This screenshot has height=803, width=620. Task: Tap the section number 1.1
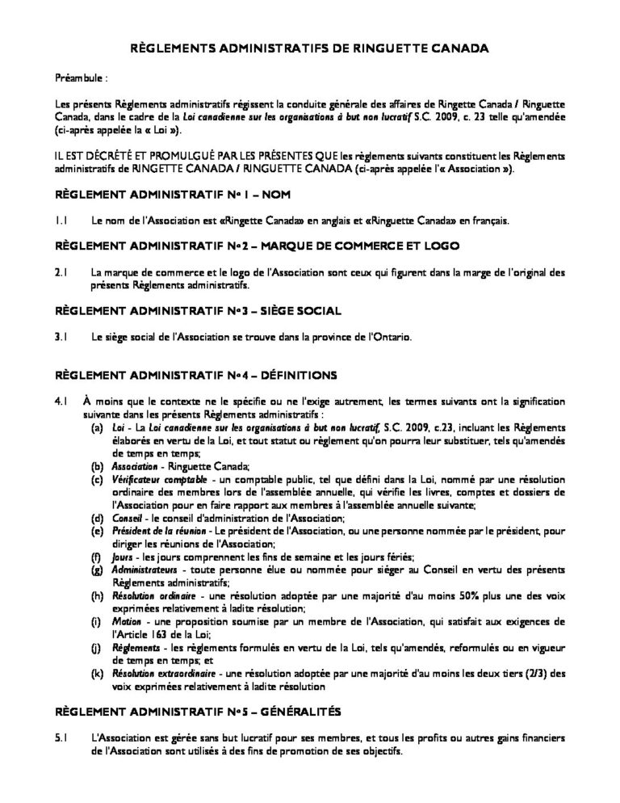[x=61, y=221]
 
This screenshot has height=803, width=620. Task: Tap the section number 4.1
[x=61, y=401]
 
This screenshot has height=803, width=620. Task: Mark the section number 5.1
[x=61, y=738]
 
